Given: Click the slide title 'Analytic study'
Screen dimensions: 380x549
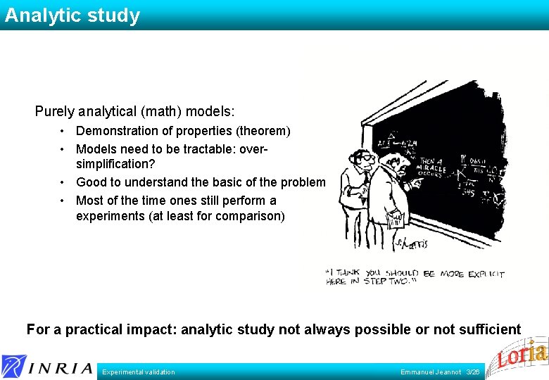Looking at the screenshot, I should pos(72,15).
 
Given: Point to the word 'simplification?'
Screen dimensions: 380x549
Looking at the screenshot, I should pos(115,164).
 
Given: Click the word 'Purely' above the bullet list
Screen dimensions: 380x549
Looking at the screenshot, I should pos(53,111).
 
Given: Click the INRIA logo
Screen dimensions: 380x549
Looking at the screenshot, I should pos(47,366).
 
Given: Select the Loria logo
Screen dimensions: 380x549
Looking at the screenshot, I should pos(522,355).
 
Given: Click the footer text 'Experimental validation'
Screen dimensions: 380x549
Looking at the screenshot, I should pos(139,372).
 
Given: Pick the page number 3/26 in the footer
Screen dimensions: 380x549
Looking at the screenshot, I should pos(473,372).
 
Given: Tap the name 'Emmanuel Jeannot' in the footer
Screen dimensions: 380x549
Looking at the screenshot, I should pos(431,372).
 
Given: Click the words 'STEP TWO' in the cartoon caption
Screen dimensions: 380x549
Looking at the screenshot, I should pos(391,281).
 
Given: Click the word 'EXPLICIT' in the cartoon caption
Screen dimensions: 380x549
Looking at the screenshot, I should pos(485,273).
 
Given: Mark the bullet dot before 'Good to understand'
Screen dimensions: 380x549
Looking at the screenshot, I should pos(63,183).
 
